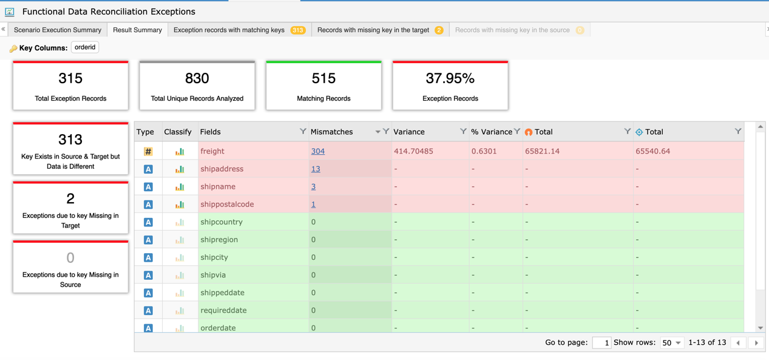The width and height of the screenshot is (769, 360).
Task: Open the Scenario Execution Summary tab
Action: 58,30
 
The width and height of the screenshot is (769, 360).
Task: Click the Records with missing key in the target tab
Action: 373,30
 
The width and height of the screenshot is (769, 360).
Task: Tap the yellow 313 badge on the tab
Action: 298,30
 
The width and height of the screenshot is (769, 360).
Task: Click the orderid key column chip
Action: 85,47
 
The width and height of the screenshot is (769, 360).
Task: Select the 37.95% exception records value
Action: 450,78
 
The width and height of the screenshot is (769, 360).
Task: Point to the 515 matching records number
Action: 324,78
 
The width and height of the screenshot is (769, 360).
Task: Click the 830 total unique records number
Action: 197,78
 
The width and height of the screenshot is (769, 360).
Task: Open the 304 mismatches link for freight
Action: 317,151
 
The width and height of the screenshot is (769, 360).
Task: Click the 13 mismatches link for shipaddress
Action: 315,169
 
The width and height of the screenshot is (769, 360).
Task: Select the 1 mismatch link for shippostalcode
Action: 313,204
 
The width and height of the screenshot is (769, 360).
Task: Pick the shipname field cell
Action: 218,186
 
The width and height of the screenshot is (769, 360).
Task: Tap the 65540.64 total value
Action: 652,151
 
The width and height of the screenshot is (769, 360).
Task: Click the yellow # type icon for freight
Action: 148,152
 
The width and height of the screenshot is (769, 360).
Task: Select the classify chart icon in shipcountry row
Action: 180,222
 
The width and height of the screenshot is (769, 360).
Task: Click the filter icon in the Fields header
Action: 303,132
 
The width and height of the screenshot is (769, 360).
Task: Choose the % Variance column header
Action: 492,132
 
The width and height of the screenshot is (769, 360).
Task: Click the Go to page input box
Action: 601,343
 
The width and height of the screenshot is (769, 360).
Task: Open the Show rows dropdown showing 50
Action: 671,343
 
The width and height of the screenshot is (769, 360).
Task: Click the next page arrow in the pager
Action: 756,343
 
